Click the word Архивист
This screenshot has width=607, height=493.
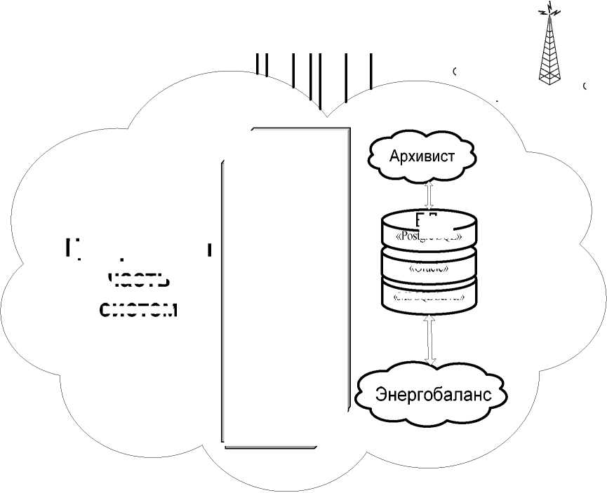(x=422, y=156)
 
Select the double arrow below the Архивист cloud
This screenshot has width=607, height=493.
(x=428, y=192)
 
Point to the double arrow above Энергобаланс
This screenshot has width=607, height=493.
(x=430, y=339)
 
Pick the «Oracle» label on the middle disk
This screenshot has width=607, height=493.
(x=429, y=267)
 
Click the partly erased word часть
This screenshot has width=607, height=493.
(x=140, y=278)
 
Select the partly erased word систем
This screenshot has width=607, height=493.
(x=138, y=309)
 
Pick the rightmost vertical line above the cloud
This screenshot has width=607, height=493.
(x=371, y=70)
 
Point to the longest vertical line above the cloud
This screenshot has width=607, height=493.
(x=319, y=81)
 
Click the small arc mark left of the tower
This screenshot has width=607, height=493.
(x=455, y=71)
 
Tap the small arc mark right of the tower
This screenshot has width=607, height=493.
(x=585, y=86)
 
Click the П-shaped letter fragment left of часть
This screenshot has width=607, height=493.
(x=69, y=247)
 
